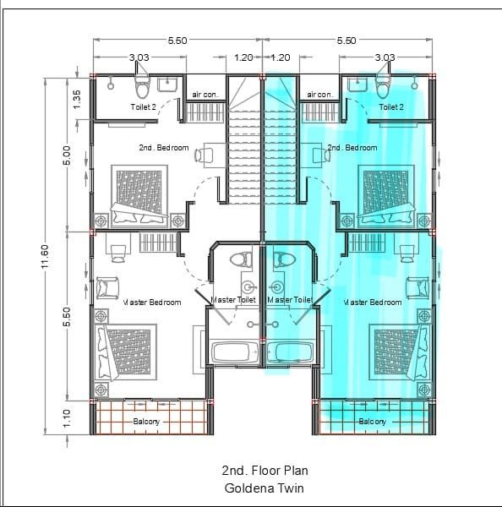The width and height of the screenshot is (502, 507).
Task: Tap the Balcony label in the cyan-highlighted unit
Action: point(372,421)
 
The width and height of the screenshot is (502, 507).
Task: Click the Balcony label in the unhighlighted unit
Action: point(147,421)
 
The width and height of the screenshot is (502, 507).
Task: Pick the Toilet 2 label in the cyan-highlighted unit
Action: point(391,107)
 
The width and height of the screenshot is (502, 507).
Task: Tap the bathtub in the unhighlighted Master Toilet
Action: point(234,352)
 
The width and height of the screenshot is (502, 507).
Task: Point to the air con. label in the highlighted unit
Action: point(319,95)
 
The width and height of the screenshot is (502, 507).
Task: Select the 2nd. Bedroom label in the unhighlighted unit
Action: point(164,147)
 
